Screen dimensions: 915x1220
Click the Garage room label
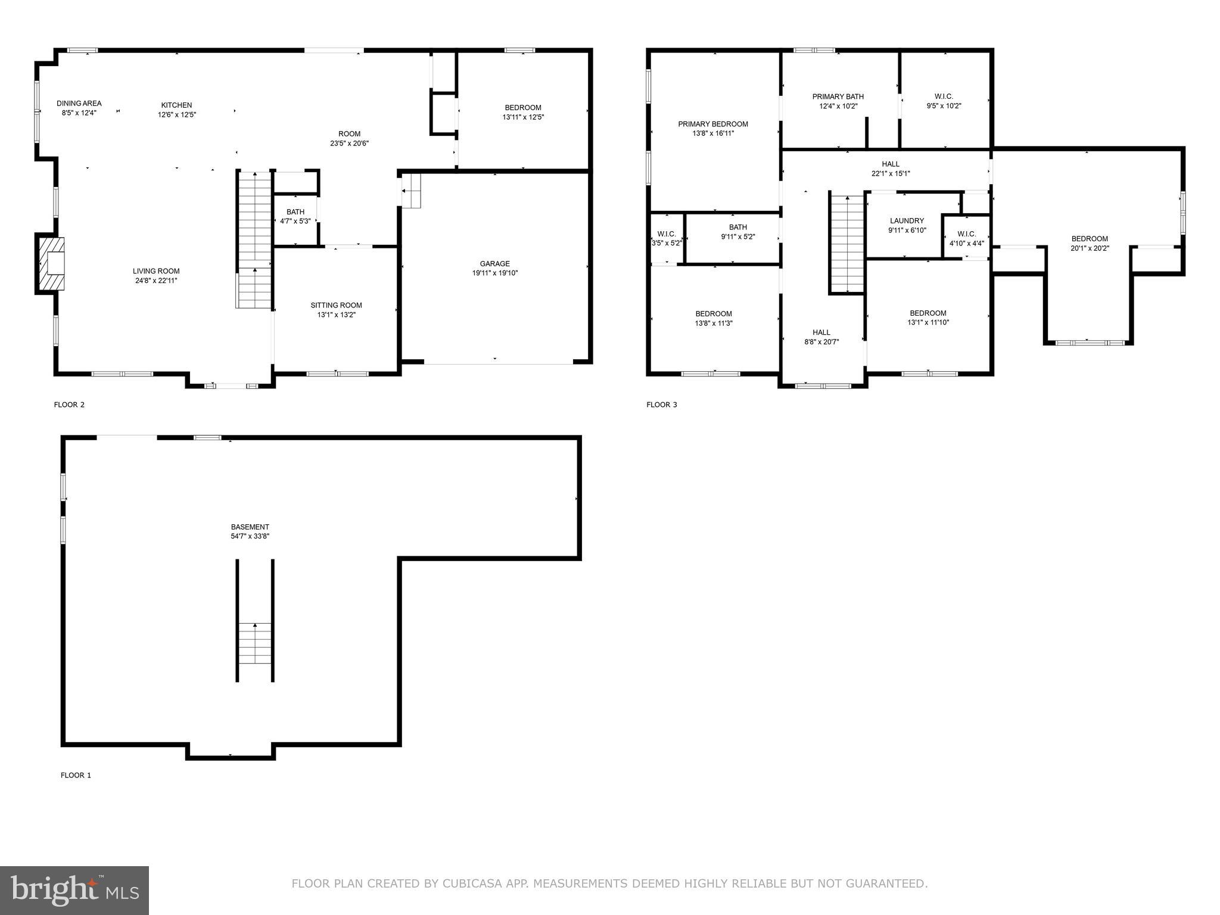(494, 263)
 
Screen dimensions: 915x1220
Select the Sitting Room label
(336, 305)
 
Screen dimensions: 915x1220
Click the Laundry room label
(907, 220)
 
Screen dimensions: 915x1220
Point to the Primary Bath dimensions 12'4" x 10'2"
(838, 106)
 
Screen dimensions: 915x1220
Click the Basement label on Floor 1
(250, 527)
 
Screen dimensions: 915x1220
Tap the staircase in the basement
(256, 643)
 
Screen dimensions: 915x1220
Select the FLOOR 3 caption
(661, 404)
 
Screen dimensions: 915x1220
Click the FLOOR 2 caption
(69, 404)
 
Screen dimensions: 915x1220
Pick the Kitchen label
(176, 105)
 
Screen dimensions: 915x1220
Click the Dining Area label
(79, 103)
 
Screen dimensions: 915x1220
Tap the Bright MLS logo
(74, 890)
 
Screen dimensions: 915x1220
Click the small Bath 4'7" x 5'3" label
(295, 212)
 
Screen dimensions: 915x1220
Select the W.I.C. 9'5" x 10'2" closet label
(944, 97)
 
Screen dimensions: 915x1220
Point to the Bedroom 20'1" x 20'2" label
(1089, 239)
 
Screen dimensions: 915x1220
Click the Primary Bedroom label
(712, 124)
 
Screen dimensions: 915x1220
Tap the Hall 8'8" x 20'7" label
(821, 332)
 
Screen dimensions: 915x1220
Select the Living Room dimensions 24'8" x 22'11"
(156, 281)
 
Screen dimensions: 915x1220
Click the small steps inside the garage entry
(411, 191)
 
